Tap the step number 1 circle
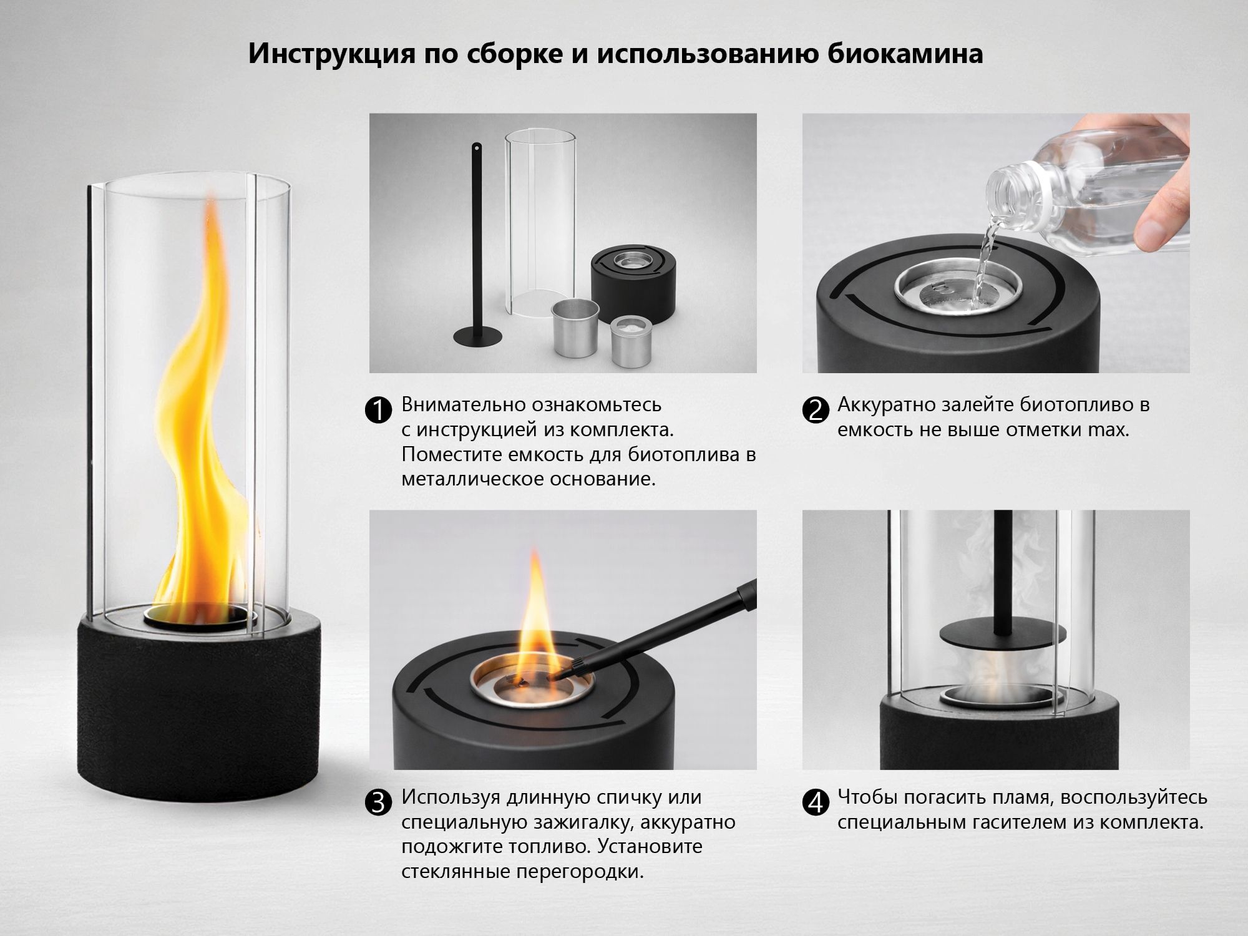[378, 411]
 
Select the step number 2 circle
[815, 411]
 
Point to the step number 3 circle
[378, 802]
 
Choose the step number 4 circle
[815, 802]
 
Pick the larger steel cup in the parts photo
[575, 328]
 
